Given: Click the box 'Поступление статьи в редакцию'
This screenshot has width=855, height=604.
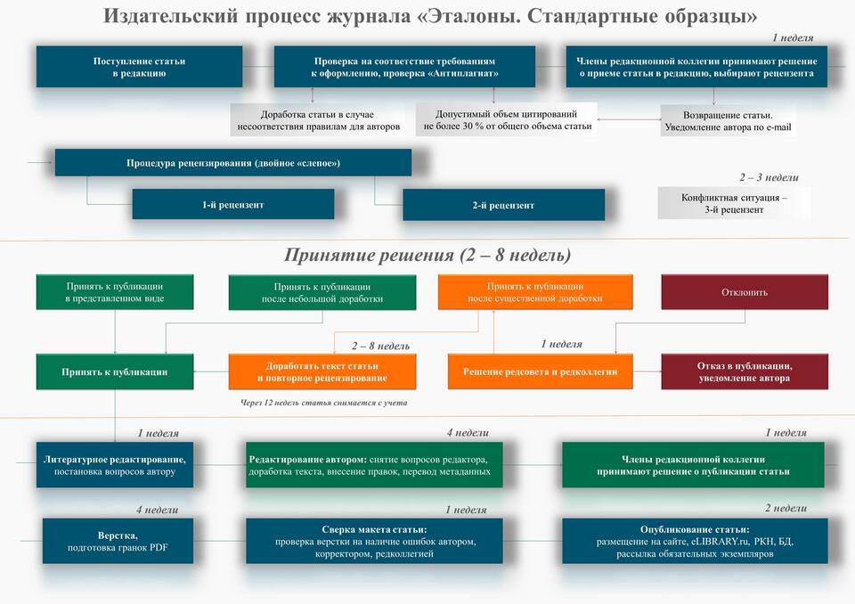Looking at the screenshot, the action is tap(139, 67).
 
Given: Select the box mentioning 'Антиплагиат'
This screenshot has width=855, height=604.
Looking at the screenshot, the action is tap(404, 67).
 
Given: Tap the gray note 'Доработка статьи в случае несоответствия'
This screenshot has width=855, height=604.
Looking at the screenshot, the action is tap(317, 120).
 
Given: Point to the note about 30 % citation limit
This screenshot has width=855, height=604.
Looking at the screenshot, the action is tap(507, 119).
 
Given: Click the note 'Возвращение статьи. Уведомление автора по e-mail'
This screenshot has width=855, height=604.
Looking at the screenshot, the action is tap(728, 121).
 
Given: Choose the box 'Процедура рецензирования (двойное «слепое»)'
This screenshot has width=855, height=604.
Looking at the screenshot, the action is tap(233, 163).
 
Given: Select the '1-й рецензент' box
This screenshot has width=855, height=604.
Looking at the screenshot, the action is tap(233, 205).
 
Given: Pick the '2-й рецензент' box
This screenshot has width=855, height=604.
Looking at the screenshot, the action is tap(504, 205).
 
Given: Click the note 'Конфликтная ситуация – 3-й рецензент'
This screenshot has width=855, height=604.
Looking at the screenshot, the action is tap(734, 203).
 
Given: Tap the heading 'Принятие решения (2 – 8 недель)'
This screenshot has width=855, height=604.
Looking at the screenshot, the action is tap(427, 255).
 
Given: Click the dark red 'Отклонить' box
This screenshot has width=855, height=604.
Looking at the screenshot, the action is tap(745, 292).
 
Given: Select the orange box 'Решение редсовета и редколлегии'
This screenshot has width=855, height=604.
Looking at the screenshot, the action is tap(541, 371).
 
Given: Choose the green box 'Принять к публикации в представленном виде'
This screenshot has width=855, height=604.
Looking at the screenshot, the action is tap(115, 292).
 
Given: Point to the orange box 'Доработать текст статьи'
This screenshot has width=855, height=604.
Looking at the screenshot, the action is tap(322, 371).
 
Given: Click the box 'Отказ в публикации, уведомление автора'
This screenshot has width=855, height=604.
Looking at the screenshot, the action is tap(745, 371).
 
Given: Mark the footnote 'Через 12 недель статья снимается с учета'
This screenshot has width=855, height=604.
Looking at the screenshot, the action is tap(324, 403).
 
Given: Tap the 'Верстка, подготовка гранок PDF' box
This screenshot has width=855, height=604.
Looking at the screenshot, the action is tap(118, 541).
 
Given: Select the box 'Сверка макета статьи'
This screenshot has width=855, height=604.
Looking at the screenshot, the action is tap(374, 541).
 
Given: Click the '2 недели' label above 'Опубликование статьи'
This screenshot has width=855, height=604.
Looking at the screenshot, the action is tap(786, 508).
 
